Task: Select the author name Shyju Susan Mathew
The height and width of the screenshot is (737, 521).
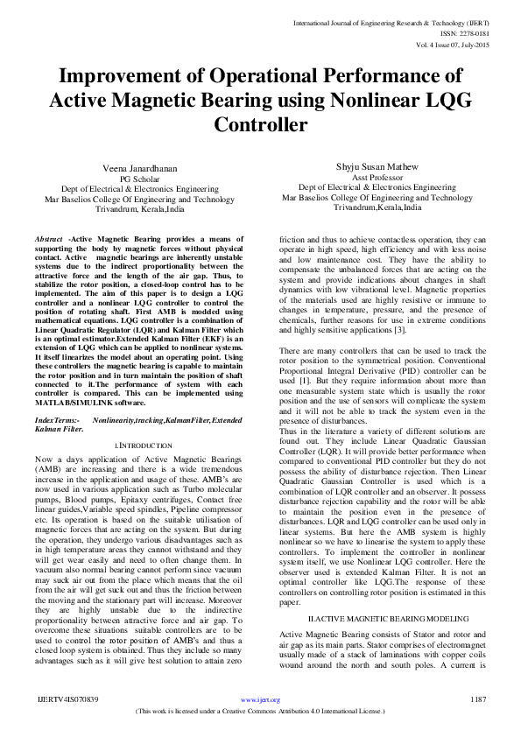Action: tap(377, 165)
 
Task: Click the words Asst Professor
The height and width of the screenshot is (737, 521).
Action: tap(377, 176)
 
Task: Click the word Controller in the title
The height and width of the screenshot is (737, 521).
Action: tap(260, 123)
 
